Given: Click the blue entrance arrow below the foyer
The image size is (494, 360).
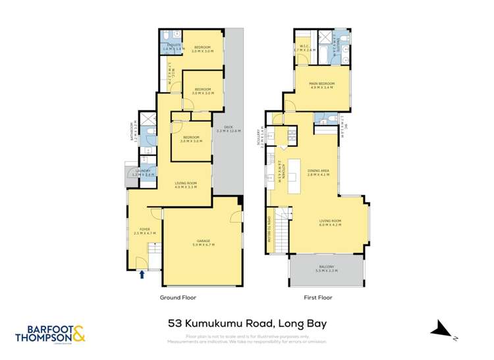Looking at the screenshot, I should click(x=142, y=274).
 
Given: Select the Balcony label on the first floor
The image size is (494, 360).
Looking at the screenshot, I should click(x=326, y=268).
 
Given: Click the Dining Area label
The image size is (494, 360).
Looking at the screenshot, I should click(x=319, y=173).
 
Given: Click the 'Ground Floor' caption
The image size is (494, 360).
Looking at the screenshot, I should click(x=178, y=297).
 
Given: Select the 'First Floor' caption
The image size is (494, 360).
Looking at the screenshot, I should click(x=319, y=297).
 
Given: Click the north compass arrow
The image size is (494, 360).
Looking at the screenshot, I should click(x=440, y=329).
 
